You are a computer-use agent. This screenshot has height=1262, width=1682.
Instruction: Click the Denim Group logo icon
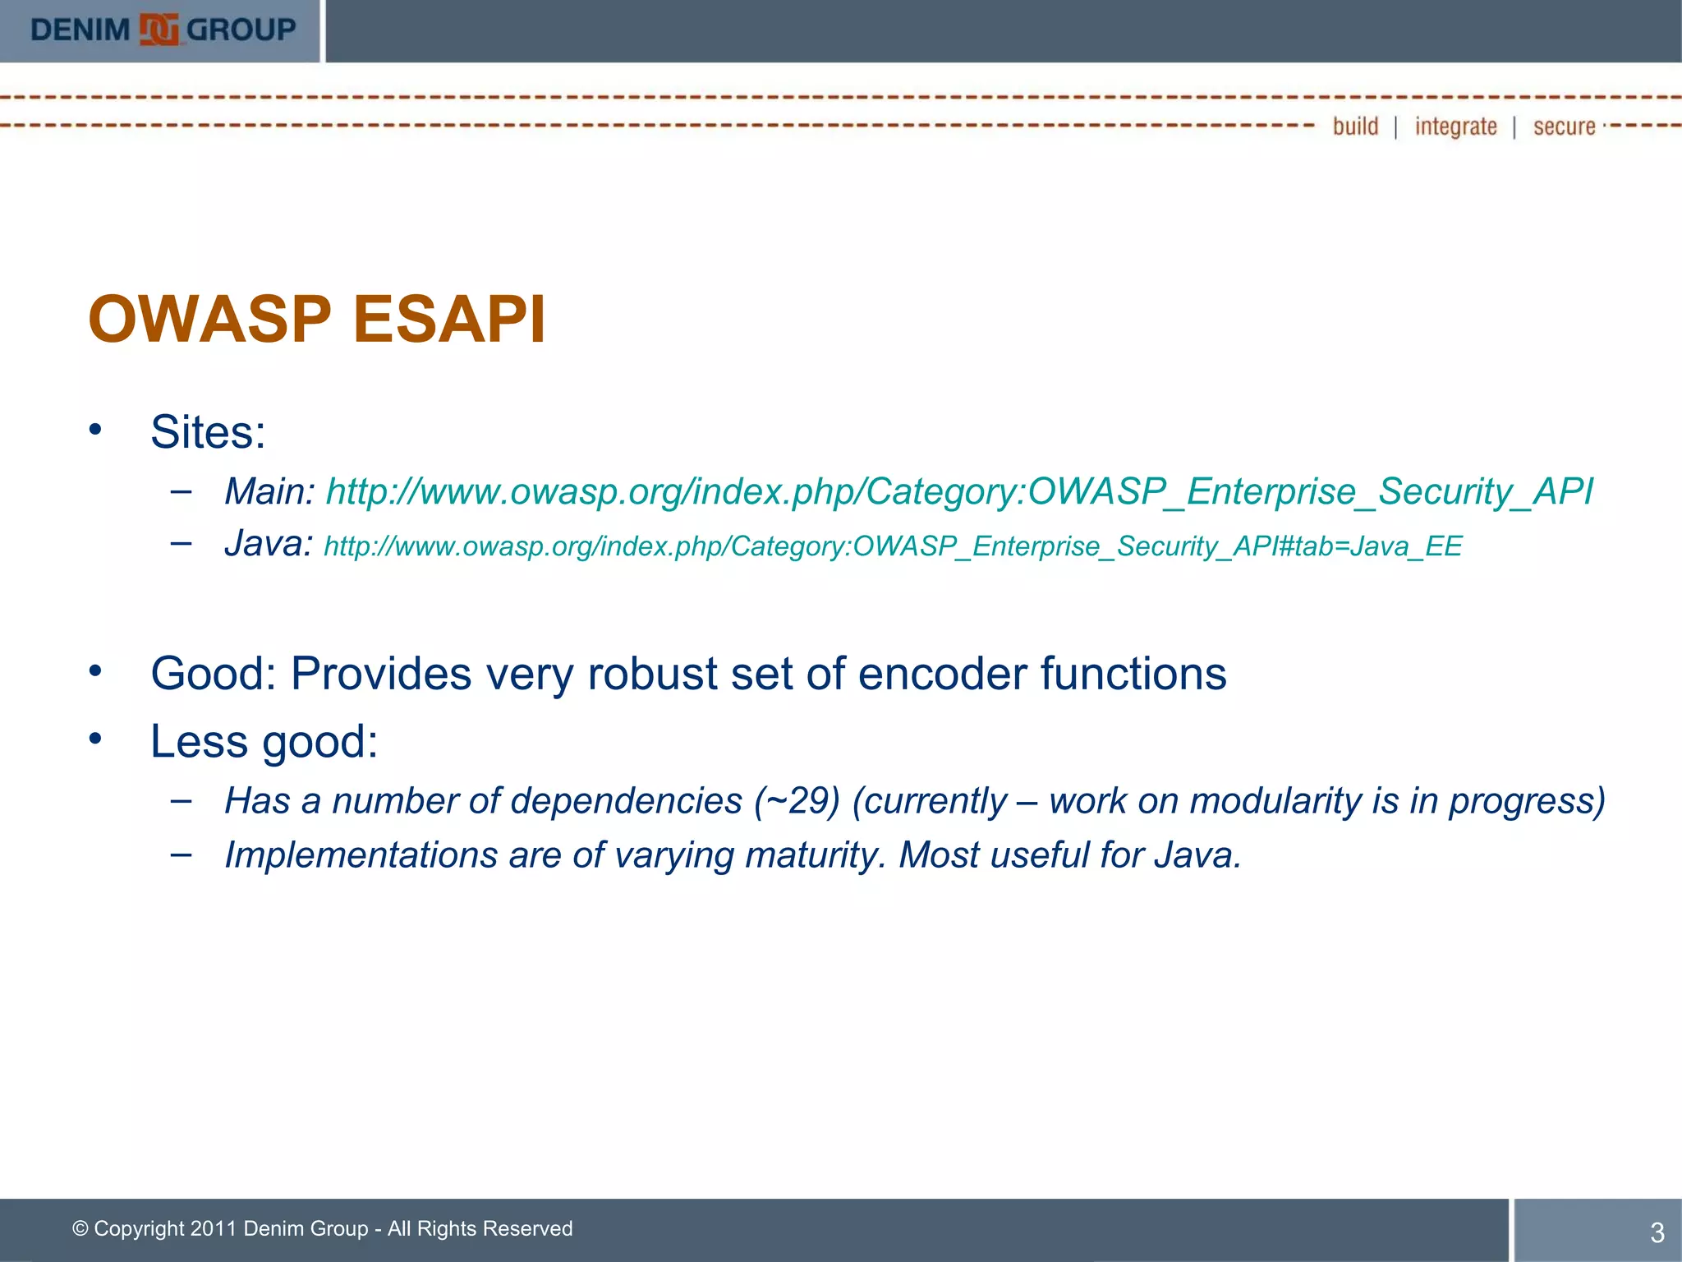click(x=159, y=30)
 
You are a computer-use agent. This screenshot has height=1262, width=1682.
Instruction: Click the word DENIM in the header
click(x=80, y=30)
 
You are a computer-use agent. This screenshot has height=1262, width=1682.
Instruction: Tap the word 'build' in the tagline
click(x=1355, y=127)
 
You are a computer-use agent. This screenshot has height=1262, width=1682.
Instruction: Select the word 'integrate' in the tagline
click(x=1455, y=127)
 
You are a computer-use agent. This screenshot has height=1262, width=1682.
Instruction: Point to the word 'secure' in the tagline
click(x=1564, y=127)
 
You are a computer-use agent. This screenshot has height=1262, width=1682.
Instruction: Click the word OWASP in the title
click(x=209, y=320)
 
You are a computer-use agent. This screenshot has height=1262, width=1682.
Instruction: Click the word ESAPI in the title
click(x=449, y=320)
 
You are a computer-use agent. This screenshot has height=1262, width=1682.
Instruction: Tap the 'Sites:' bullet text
click(x=208, y=432)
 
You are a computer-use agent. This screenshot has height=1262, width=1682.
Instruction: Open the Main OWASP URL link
click(x=958, y=492)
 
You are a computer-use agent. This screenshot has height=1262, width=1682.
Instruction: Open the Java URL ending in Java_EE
click(x=893, y=546)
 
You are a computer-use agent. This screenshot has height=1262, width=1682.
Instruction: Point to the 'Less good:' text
click(x=264, y=741)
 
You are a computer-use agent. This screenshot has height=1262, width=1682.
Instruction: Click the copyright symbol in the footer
click(x=80, y=1229)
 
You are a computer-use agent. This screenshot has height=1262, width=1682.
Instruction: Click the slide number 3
click(x=1657, y=1232)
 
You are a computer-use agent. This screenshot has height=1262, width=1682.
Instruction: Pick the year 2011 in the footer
click(x=214, y=1229)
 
